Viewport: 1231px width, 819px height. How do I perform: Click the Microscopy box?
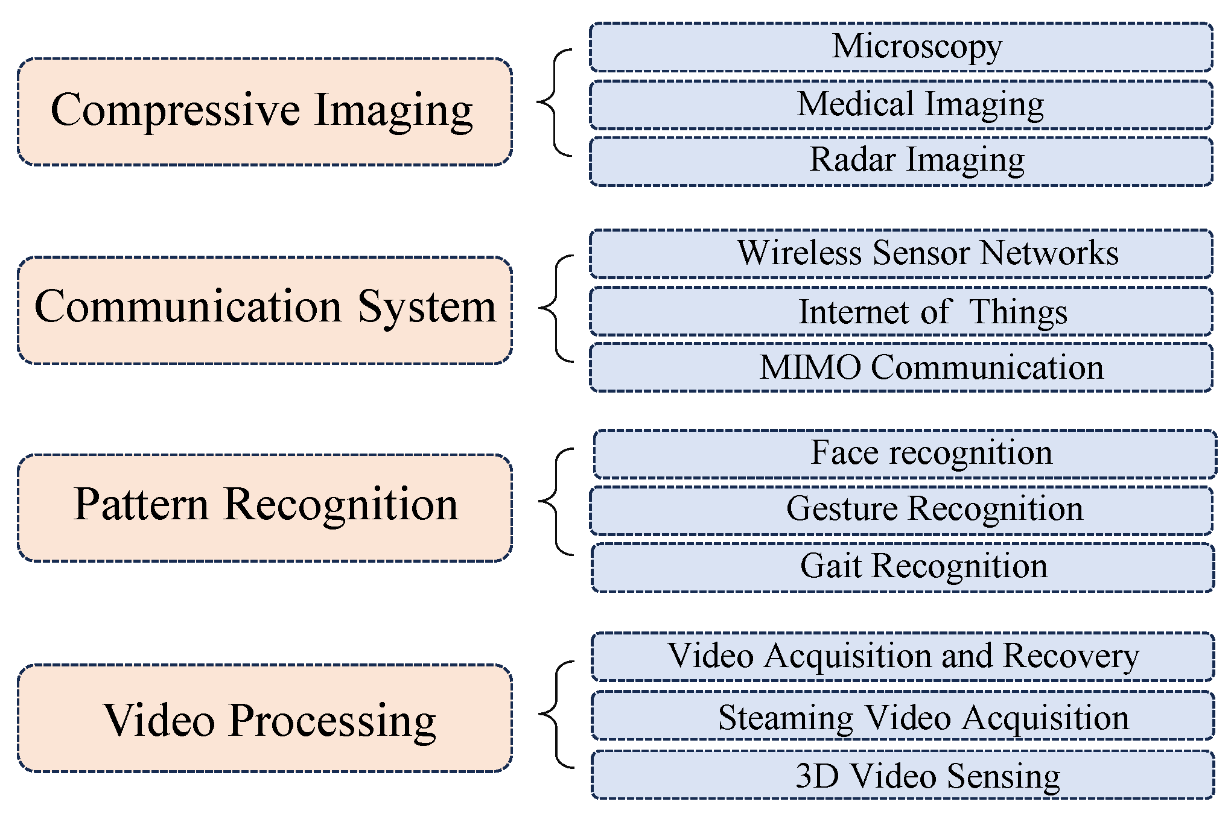[901, 47]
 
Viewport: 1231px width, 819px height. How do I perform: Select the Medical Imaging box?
[901, 104]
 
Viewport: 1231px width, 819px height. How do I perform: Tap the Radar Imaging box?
[901, 161]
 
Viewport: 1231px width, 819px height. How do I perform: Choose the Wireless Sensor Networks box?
[901, 253]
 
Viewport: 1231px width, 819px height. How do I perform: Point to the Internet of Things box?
[901, 311]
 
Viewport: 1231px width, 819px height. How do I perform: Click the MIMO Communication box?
[901, 367]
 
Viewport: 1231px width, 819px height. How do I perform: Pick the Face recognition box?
[905, 454]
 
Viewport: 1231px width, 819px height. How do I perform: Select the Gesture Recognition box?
[901, 510]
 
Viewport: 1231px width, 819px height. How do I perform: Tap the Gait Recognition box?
[903, 567]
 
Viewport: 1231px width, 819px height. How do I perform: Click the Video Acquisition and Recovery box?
[903, 656]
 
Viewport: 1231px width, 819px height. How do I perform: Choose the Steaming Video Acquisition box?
[903, 715]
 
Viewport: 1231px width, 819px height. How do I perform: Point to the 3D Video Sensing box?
[903, 774]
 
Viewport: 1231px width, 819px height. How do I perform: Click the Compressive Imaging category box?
[265, 112]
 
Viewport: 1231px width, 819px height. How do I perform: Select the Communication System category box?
[265, 310]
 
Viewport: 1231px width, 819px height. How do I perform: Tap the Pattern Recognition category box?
[265, 508]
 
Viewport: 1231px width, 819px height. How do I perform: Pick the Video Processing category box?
[265, 718]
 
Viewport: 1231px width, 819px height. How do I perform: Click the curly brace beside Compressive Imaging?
[554, 103]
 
